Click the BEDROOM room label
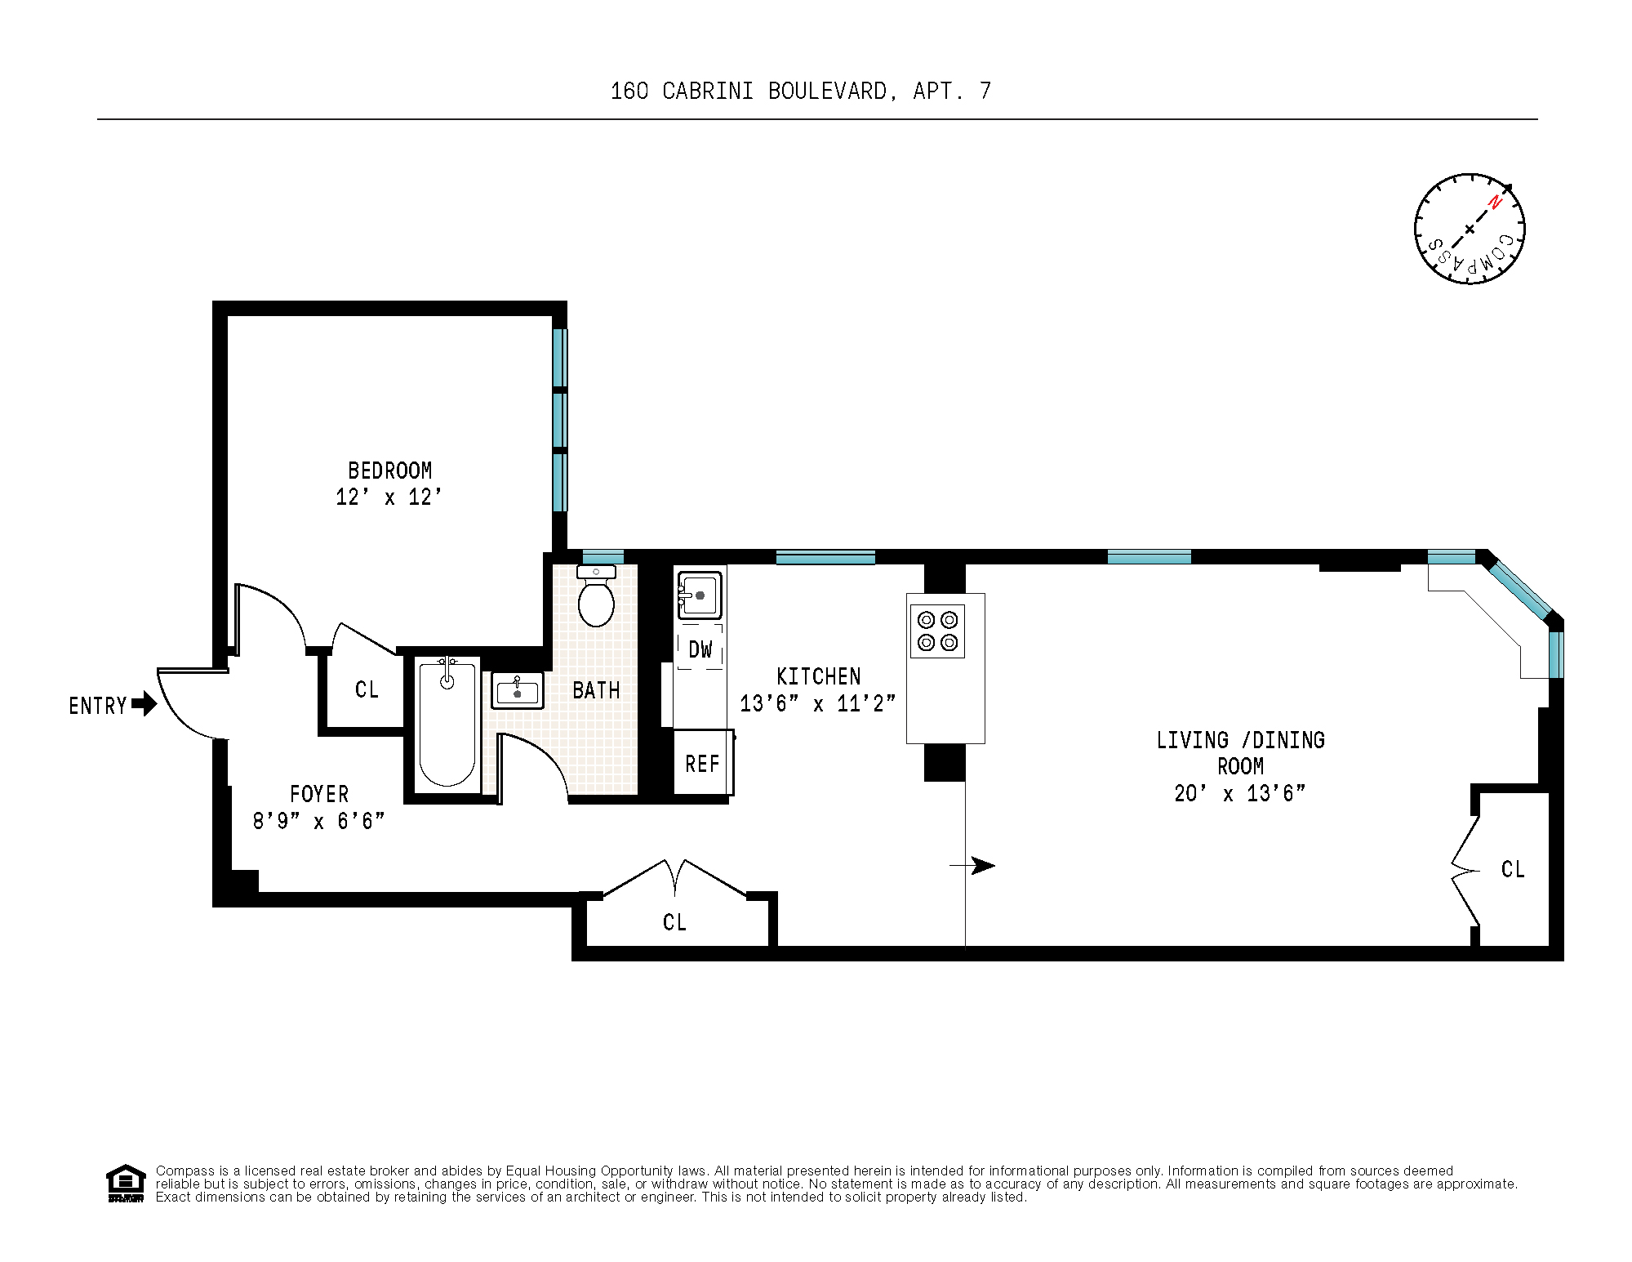pyautogui.click(x=389, y=470)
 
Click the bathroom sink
pyautogui.click(x=517, y=691)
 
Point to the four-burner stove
pyautogui.click(x=937, y=631)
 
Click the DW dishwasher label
pyautogui.click(x=700, y=650)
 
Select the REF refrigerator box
pyautogui.click(x=702, y=764)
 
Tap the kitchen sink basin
pyautogui.click(x=700, y=595)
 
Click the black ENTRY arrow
pyautogui.click(x=145, y=703)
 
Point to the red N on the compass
pyautogui.click(x=1495, y=202)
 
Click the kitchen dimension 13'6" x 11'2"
pyautogui.click(x=817, y=703)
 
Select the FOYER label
pyautogui.click(x=319, y=794)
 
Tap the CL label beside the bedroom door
pyautogui.click(x=367, y=690)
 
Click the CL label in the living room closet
pyautogui.click(x=1512, y=870)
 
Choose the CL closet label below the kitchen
pyautogui.click(x=674, y=923)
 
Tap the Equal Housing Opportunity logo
pyautogui.click(x=126, y=1183)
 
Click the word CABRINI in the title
pyautogui.click(x=707, y=91)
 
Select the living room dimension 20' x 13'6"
pyautogui.click(x=1239, y=793)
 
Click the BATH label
pyautogui.click(x=596, y=691)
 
